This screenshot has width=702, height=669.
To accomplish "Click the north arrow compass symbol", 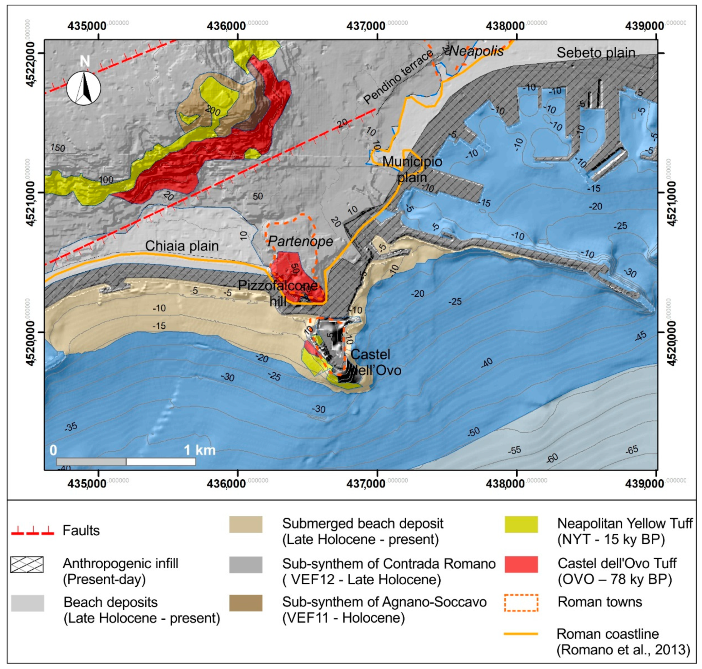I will click(x=84, y=88).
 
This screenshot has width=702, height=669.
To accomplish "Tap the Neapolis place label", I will click(x=476, y=51).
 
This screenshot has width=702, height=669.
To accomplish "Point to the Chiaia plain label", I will click(x=182, y=246).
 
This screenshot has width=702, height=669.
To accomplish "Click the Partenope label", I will click(x=300, y=241).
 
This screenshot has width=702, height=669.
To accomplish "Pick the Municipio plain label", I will click(x=412, y=169).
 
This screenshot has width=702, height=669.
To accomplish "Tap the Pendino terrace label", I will click(x=398, y=77).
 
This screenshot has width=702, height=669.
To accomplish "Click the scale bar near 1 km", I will click(x=126, y=462).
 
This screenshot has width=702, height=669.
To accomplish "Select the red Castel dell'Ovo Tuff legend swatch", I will click(x=521, y=565).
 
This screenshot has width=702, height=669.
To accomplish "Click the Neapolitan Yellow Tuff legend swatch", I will click(x=521, y=524).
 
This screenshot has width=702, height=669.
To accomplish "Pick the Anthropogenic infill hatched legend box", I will click(x=27, y=565).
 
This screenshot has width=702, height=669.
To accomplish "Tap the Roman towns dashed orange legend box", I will click(x=521, y=603).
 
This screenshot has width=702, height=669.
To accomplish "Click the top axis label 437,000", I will click(x=366, y=26).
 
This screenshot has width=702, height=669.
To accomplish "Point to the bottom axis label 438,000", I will click(x=505, y=484).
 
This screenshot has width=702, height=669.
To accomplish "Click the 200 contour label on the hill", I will click(x=213, y=111).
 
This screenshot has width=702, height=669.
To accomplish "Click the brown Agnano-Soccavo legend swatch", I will click(x=246, y=603).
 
